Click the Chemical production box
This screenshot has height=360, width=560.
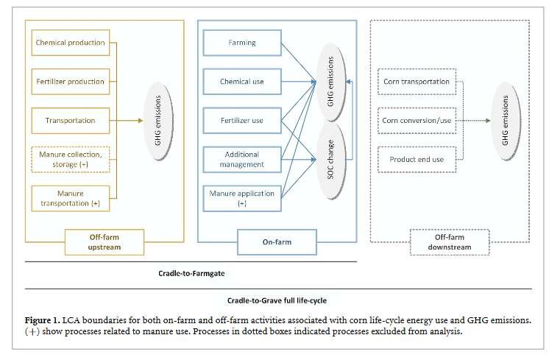coord(70,43)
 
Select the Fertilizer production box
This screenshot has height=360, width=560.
coord(70,82)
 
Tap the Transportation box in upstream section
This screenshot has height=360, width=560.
coord(70,120)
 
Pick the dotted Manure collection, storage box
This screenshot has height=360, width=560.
coord(70,159)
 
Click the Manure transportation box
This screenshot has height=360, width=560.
coord(70,198)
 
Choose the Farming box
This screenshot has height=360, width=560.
coord(242,43)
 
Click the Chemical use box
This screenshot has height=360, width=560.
coord(242,82)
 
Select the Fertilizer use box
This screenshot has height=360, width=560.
coord(242,120)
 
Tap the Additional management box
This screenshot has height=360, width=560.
coord(242,159)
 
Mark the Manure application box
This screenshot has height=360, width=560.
coord(242,198)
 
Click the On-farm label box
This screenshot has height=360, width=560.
coord(276,241)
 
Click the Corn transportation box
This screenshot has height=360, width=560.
coord(417,82)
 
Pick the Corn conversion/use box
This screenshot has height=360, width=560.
coord(417,120)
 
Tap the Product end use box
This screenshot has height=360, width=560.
coord(417,159)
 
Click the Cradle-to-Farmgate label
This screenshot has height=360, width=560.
coord(191,272)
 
